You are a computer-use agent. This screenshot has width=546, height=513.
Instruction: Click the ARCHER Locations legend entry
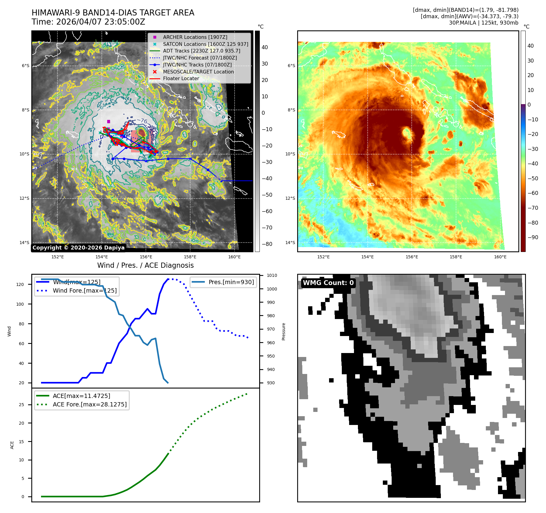[x=195, y=37]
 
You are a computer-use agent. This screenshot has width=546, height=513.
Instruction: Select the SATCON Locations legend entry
[x=205, y=44]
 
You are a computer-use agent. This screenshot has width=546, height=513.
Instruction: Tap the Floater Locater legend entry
[x=181, y=78]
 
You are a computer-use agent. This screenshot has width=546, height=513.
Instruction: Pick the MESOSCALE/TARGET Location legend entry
[x=198, y=72]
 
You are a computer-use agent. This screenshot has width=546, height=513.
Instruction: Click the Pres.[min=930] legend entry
[x=231, y=282]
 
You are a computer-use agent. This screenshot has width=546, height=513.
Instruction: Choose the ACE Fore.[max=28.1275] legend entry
[x=90, y=404]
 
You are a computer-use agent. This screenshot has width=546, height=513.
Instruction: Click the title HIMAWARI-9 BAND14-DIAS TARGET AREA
[x=113, y=13]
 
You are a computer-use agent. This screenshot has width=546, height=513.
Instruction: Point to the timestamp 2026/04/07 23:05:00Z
[x=101, y=22]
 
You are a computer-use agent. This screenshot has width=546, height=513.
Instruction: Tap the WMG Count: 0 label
[x=328, y=283]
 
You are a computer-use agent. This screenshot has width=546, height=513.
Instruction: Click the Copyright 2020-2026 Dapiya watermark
[x=78, y=248]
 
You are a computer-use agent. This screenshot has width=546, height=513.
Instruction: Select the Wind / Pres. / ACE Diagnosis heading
[x=145, y=265]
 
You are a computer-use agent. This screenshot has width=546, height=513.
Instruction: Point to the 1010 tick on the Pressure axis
[x=272, y=276]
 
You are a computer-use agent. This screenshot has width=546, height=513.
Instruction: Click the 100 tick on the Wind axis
[x=20, y=304]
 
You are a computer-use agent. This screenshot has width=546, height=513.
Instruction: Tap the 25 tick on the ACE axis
[x=21, y=405]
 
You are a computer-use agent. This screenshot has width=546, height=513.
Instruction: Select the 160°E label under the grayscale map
[x=234, y=257]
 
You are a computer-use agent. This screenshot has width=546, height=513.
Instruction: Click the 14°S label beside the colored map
[x=290, y=243]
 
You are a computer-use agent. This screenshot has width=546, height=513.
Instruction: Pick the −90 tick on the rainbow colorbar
[x=533, y=237]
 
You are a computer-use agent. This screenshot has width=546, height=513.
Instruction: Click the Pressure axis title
[x=283, y=331]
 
